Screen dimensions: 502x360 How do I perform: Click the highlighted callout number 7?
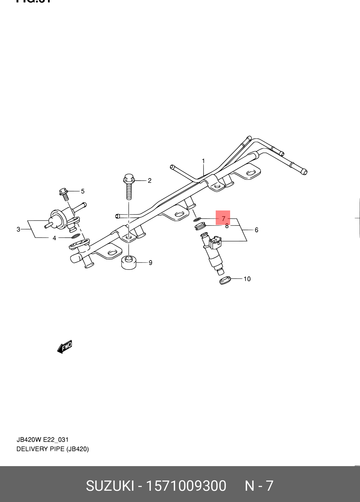click(x=223, y=218)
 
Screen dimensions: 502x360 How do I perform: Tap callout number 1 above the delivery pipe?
click(x=203, y=161)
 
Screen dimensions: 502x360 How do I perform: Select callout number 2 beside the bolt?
click(x=150, y=181)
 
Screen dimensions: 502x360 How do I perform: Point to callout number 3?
click(x=18, y=229)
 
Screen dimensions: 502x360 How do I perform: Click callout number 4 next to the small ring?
click(x=54, y=238)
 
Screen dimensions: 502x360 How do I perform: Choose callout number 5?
click(x=83, y=191)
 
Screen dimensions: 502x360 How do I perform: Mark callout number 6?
click(x=256, y=230)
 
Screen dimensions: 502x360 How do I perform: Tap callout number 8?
click(x=227, y=226)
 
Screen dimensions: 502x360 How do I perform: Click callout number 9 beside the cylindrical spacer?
click(x=150, y=263)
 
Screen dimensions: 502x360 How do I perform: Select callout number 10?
click(x=247, y=279)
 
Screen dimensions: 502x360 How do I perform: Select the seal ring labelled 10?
click(x=225, y=281)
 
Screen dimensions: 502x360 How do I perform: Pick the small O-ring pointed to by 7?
click(x=197, y=219)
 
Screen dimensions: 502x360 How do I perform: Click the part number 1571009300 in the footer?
click(x=186, y=486)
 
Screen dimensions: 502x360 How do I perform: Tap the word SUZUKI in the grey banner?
click(x=110, y=486)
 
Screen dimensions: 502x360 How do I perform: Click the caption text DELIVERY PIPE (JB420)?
click(x=53, y=449)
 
